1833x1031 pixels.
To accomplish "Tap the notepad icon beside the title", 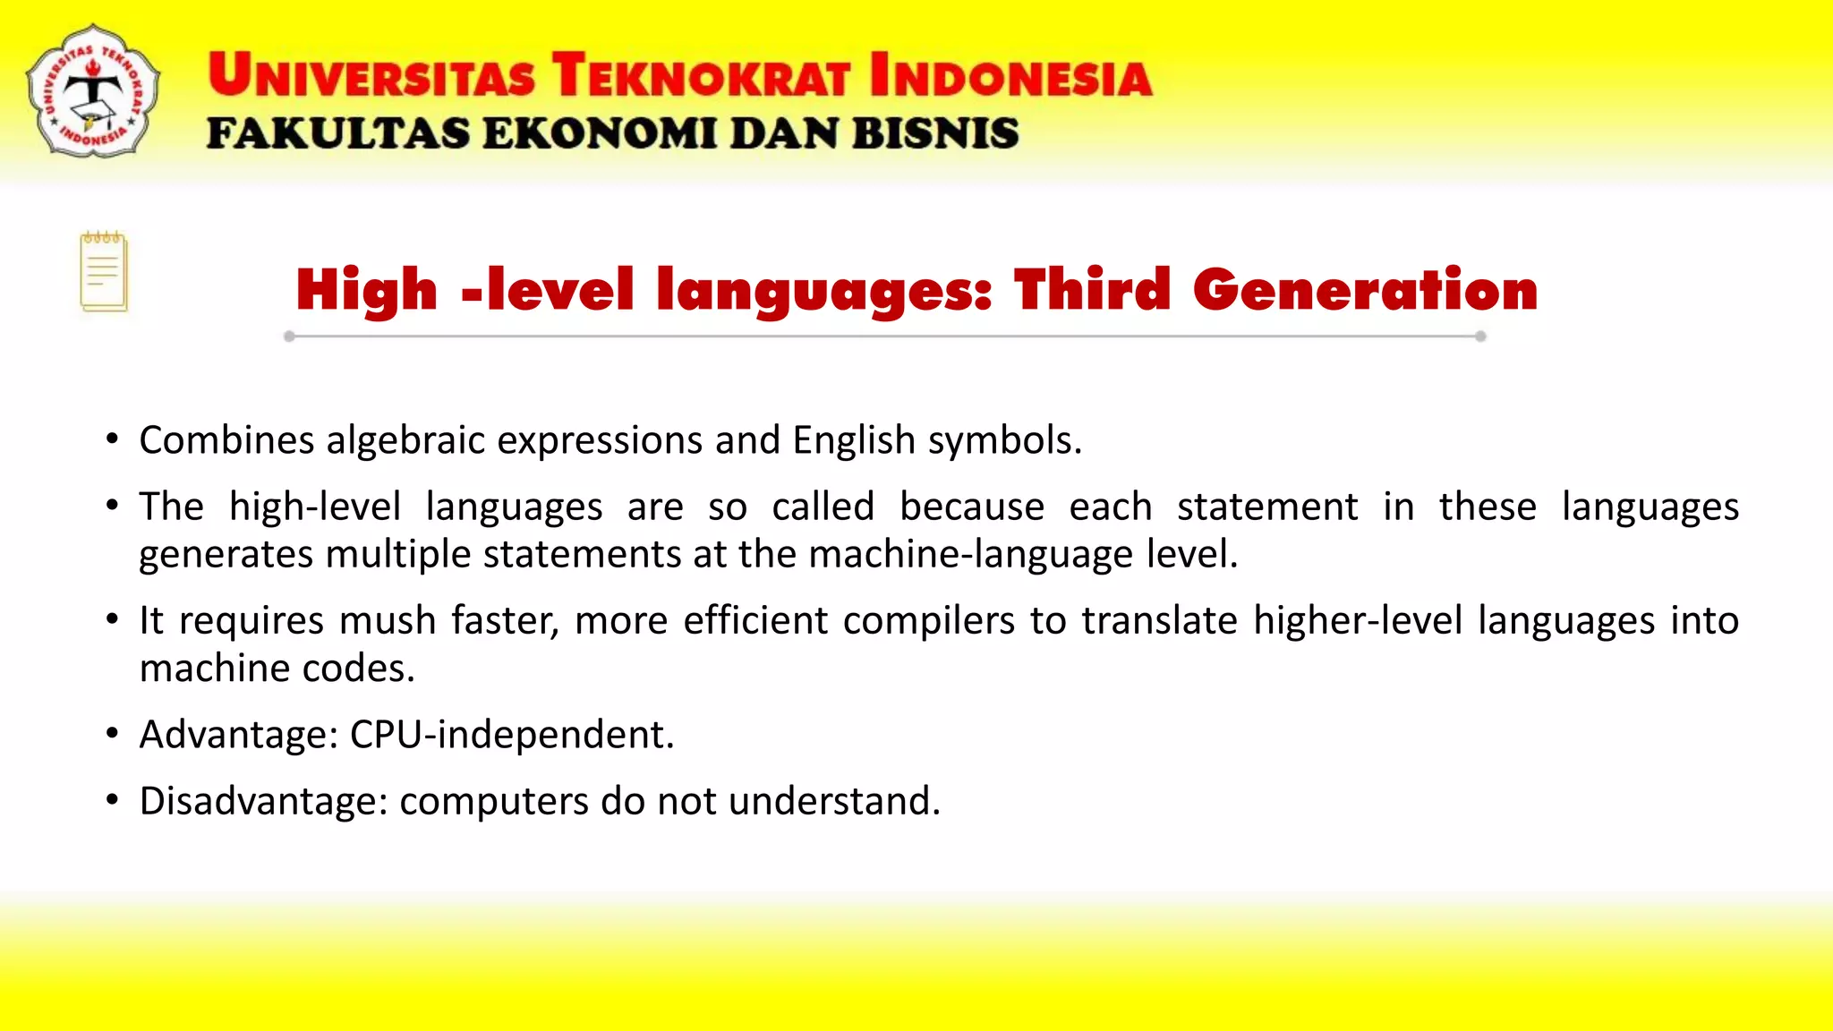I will click(x=104, y=272).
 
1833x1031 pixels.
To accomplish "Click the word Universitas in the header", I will click(x=371, y=75).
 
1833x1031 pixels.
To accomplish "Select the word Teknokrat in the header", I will click(x=700, y=75).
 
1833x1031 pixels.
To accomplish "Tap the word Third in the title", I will click(x=1092, y=290).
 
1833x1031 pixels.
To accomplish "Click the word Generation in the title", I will click(x=1365, y=290).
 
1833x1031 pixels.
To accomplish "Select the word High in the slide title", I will click(x=367, y=292).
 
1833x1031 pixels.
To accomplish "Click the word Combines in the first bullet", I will click(x=227, y=440).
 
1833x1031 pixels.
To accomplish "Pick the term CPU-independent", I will click(x=512, y=735).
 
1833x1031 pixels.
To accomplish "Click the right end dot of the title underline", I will click(x=1480, y=337).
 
